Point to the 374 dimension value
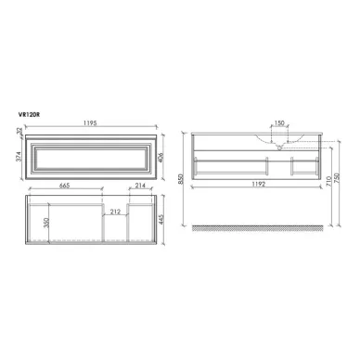pos(20,161)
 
